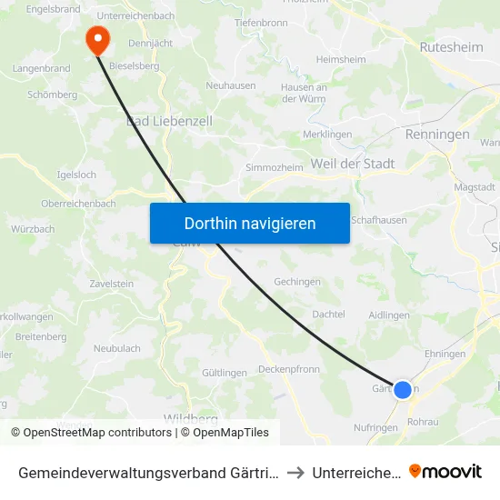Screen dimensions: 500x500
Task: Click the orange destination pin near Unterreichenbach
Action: coord(96,38)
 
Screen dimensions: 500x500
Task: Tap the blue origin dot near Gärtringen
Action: coord(402,389)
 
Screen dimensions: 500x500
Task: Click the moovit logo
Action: coord(445,471)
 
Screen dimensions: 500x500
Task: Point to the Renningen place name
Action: coord(438,135)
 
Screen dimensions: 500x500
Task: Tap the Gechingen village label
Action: coord(297,282)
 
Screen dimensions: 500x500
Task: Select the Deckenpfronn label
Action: coord(288,369)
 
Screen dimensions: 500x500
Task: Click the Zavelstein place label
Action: coord(112,284)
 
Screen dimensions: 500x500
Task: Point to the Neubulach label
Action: coord(116,348)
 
